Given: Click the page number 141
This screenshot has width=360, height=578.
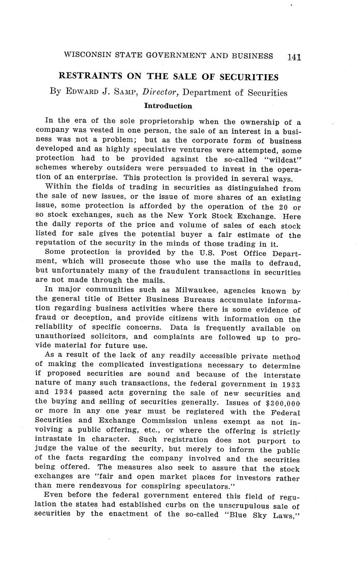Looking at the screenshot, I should [x=294, y=57].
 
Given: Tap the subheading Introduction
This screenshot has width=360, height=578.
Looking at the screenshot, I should [x=168, y=106].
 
